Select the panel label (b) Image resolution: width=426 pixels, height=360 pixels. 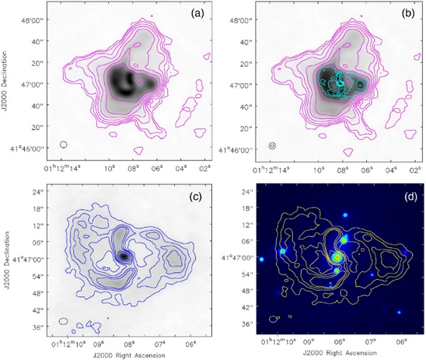[406, 15]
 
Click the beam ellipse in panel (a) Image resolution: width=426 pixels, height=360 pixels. [64, 144]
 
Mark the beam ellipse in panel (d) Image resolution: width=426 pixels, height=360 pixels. [273, 318]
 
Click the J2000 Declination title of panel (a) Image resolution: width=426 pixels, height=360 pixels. [6, 81]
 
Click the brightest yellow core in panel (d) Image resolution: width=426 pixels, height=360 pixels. [337, 256]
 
